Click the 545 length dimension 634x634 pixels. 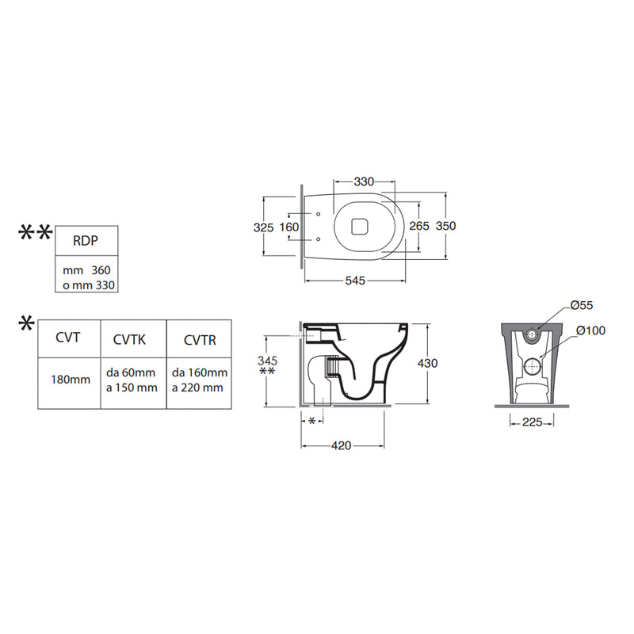(x=355, y=281)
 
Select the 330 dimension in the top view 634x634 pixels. (x=364, y=182)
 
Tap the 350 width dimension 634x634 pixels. (x=445, y=226)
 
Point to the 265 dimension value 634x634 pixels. (x=419, y=226)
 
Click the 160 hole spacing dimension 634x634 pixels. (x=289, y=227)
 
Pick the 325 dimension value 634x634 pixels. (x=264, y=227)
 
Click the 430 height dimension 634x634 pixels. (x=427, y=363)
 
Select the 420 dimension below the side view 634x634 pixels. (x=342, y=445)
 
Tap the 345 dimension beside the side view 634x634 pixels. (x=267, y=361)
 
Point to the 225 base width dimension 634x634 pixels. (x=532, y=422)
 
